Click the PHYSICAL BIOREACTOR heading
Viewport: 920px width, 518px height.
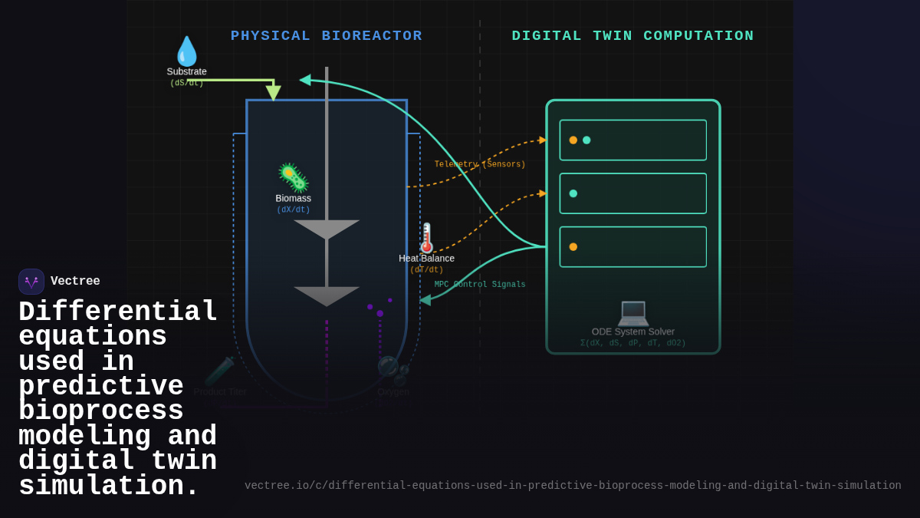tap(326, 36)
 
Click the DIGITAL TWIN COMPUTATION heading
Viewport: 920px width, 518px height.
tap(632, 36)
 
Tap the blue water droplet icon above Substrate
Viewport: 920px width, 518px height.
tap(186, 51)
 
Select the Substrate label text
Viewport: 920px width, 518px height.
tap(186, 71)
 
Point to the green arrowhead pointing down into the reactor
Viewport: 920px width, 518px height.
tap(273, 93)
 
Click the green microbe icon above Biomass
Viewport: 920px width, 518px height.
tap(293, 177)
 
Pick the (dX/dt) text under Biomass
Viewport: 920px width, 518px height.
tap(293, 210)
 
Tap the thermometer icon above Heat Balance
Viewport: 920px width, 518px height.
tap(426, 238)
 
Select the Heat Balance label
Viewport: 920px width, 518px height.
tap(426, 259)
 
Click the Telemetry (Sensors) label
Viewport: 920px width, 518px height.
tap(480, 164)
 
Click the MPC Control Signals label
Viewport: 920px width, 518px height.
tap(480, 285)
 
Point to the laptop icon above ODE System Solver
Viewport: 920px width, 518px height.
tap(633, 312)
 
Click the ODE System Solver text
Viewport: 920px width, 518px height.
tap(633, 332)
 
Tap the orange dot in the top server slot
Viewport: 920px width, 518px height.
tap(573, 140)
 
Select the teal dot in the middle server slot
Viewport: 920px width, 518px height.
tap(573, 193)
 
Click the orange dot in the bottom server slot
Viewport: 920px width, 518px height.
tap(573, 247)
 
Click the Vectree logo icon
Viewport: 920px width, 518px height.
tap(31, 282)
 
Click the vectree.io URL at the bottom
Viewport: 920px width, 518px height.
tap(573, 486)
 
